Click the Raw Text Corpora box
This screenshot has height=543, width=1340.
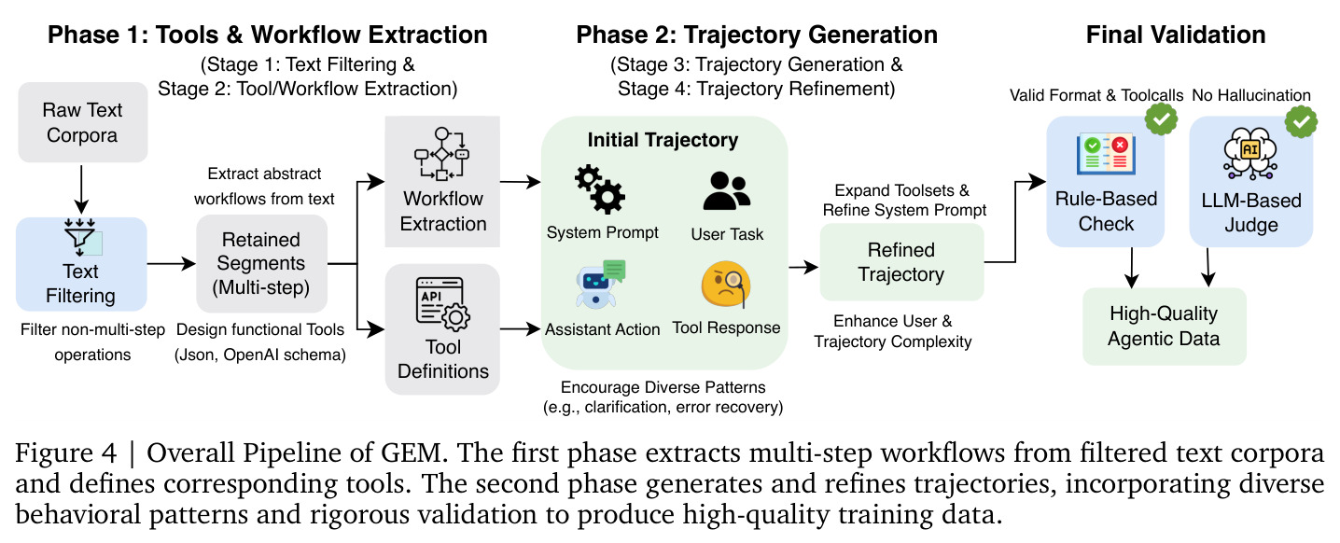(82, 122)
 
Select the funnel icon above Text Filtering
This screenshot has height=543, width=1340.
(82, 237)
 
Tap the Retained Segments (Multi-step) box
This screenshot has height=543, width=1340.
(261, 263)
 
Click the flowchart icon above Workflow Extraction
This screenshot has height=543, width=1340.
(442, 154)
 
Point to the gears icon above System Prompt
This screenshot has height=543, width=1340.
(600, 189)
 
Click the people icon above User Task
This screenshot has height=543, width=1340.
(726, 191)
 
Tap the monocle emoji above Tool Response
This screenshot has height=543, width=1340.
(726, 285)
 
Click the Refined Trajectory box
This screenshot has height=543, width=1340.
(901, 262)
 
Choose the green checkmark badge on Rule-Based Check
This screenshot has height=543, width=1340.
(1161, 119)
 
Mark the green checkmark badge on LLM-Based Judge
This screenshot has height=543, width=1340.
(1301, 121)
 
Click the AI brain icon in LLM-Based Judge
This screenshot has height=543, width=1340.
(1250, 153)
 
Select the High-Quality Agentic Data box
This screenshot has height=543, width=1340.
(1165, 327)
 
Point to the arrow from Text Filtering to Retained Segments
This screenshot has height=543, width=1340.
(172, 263)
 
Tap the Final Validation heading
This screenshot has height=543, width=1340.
(1176, 35)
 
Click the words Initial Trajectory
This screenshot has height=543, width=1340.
(663, 140)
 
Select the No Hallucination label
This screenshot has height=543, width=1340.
(1251, 95)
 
